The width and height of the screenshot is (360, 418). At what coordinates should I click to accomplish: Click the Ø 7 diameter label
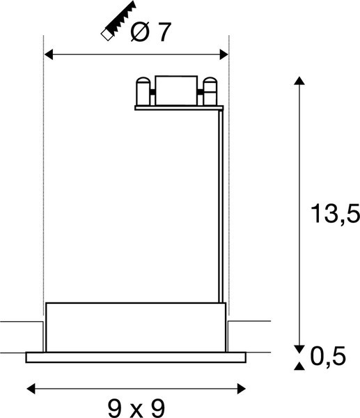pyautogui.click(x=150, y=32)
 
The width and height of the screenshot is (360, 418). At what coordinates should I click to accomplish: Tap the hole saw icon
pyautogui.click(x=118, y=21)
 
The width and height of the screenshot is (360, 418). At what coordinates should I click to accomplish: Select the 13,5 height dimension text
pyautogui.click(x=335, y=214)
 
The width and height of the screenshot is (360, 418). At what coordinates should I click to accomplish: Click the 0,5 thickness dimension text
pyautogui.click(x=328, y=356)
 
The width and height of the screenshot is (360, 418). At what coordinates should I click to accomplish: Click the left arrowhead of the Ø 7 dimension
pyautogui.click(x=48, y=54)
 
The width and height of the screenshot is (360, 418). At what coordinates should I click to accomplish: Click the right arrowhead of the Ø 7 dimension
pyautogui.click(x=224, y=54)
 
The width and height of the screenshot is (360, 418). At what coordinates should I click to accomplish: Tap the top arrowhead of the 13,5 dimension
pyautogui.click(x=299, y=81)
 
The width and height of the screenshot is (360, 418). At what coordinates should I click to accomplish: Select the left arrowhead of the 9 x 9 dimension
pyautogui.click(x=31, y=389)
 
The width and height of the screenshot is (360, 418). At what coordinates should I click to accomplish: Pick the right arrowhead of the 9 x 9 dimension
pyautogui.click(x=242, y=389)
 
